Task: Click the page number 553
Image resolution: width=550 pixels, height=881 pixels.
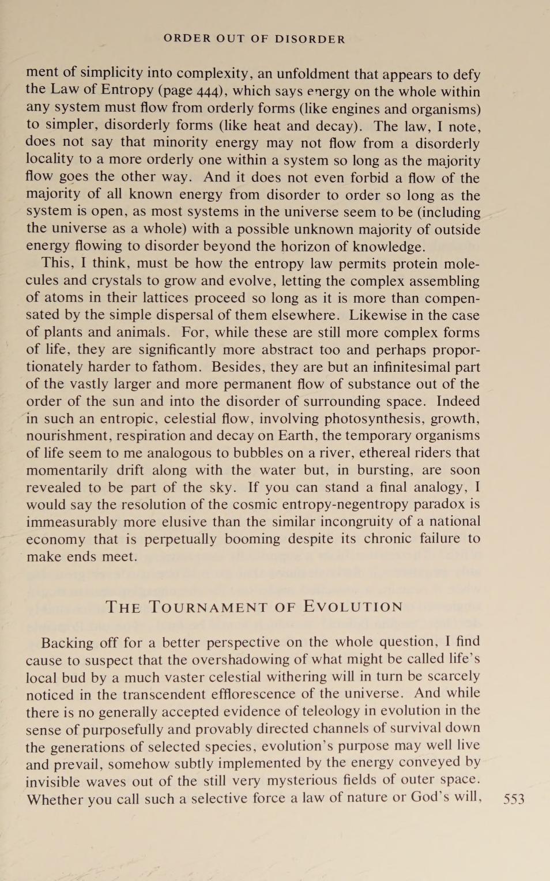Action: point(514,799)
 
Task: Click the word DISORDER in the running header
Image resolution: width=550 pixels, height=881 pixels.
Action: point(310,39)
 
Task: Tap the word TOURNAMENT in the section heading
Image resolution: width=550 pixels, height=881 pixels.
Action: point(208,607)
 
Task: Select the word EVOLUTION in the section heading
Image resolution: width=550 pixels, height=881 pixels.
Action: point(353,607)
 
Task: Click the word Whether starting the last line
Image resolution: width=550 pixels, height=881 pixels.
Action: point(55,799)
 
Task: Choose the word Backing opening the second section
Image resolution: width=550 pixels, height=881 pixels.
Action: point(67,643)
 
